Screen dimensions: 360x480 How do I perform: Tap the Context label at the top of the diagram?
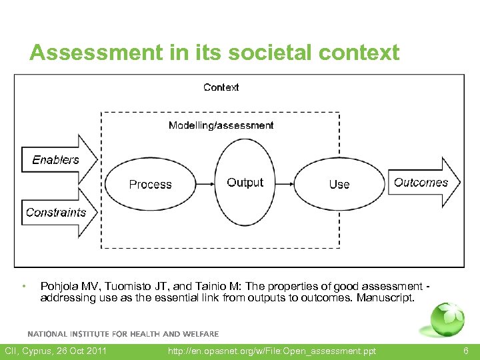click(x=221, y=87)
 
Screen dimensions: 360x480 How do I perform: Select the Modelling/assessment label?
click(x=221, y=125)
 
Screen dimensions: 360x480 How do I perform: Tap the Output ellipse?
click(x=245, y=183)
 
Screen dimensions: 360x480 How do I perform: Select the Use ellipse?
click(x=339, y=185)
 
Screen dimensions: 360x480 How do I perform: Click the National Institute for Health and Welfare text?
click(x=123, y=333)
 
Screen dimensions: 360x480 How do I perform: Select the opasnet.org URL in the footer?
click(x=272, y=351)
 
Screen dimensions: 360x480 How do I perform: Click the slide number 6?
click(x=466, y=351)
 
